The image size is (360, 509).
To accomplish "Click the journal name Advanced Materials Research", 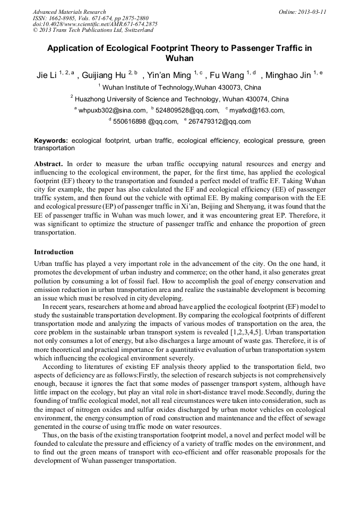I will pos(69,12).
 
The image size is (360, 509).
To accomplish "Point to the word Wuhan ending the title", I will pos(179,58).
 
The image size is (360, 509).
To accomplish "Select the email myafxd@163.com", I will pos(256,110).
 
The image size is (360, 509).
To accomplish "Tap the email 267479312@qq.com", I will pos(219,122).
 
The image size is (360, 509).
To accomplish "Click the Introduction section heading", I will pos(54,252).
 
